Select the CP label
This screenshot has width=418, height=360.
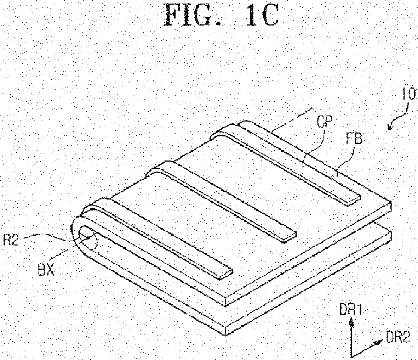[325, 123]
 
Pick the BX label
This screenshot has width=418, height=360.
[46, 270]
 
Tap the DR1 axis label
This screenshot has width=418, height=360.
[350, 311]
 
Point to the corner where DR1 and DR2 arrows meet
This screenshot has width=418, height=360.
[352, 357]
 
